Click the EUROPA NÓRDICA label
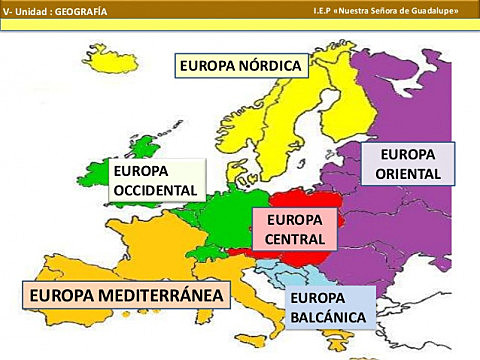(x=241, y=66)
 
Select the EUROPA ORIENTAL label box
(x=408, y=164)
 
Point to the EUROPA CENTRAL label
(x=295, y=229)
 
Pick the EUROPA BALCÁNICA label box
(x=329, y=308)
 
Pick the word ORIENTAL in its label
(x=408, y=174)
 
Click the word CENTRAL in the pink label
(x=295, y=240)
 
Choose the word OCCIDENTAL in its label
(x=156, y=190)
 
